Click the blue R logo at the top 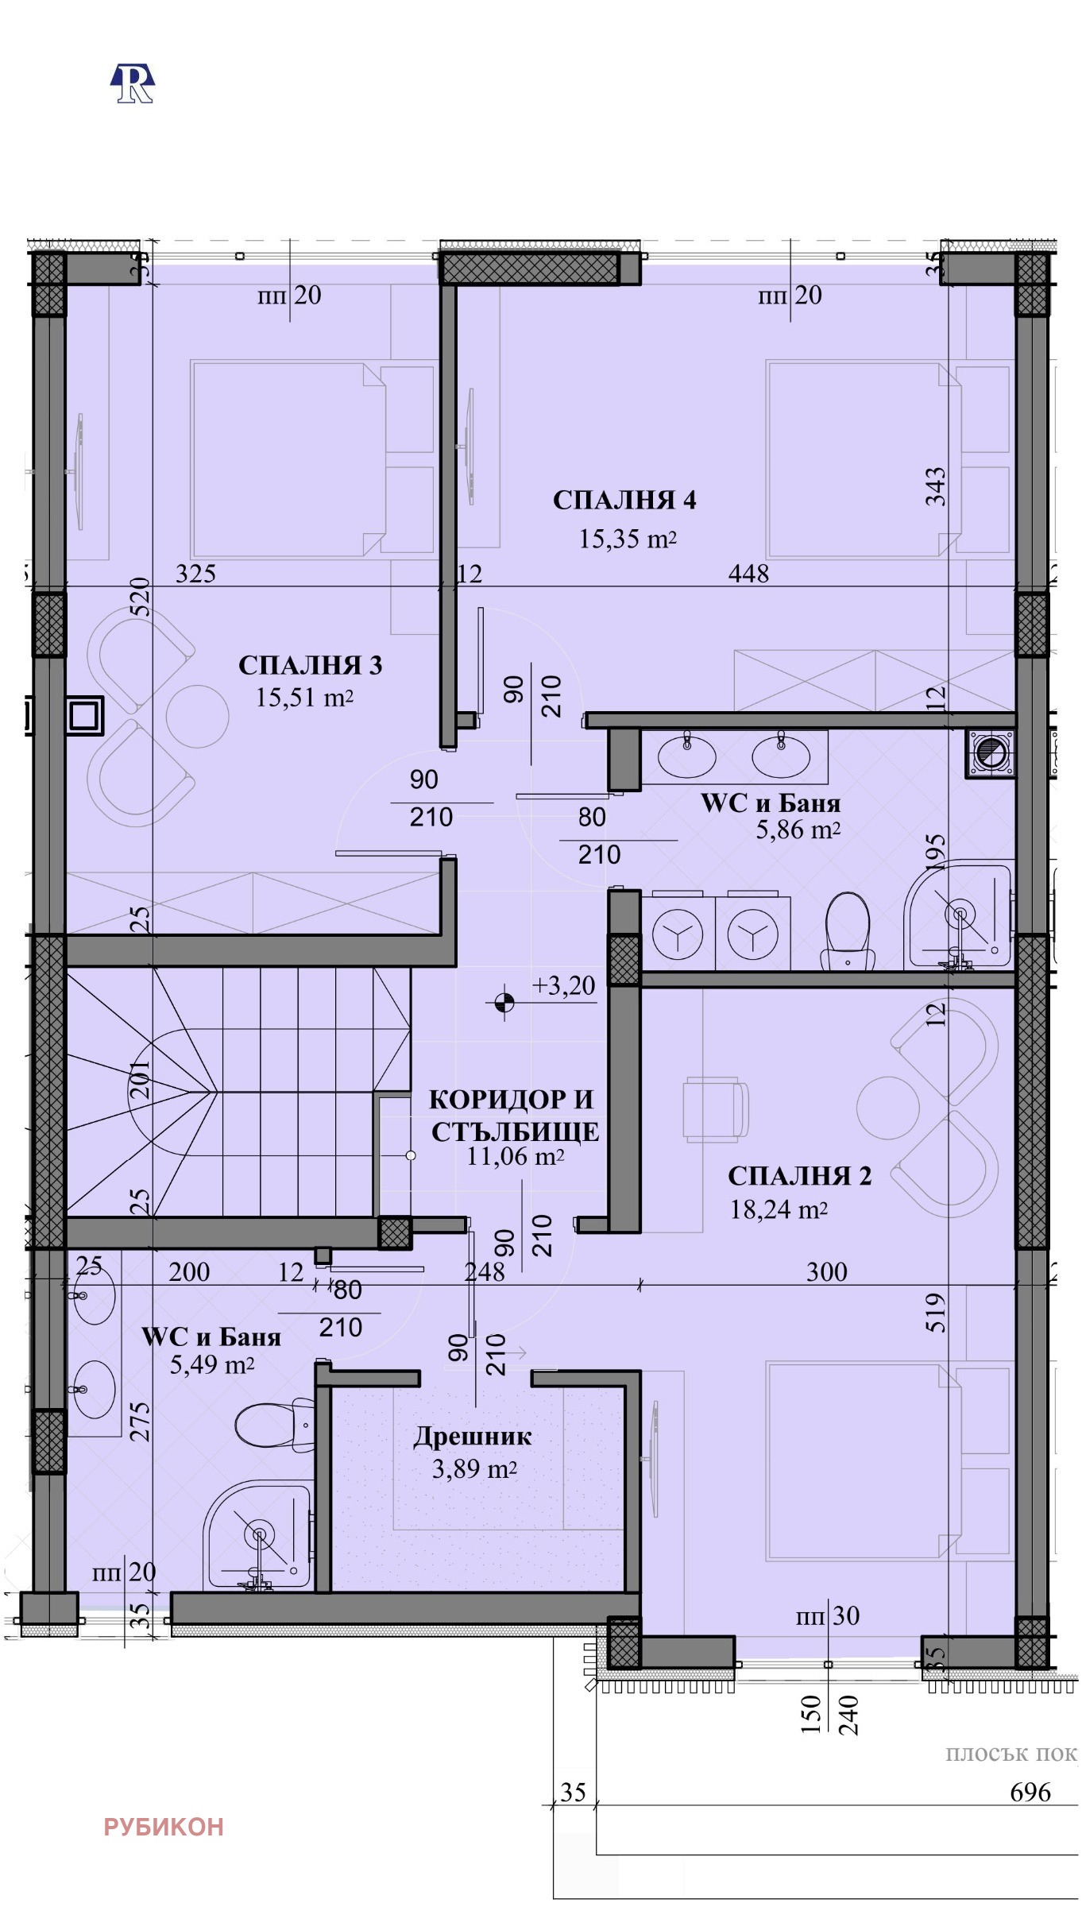pos(132,83)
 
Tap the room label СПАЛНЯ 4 pos(624,501)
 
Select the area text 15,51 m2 pos(304,698)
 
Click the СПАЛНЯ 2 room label pos(799,1176)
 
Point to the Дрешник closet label pos(472,1437)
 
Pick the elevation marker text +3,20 pos(563,986)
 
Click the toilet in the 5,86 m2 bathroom pos(848,930)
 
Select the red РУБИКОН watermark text pos(164,1827)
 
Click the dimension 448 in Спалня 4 pos(748,573)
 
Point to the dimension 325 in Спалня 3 pos(195,573)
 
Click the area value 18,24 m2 pos(779,1209)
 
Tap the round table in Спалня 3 pos(197,715)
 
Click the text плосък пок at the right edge pos(1011,1754)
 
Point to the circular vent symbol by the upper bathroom pos(990,752)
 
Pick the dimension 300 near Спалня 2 pos(826,1272)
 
